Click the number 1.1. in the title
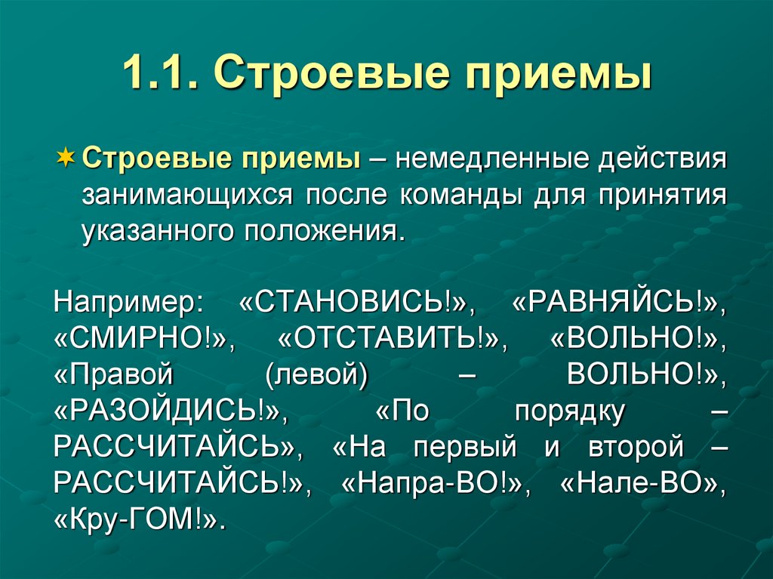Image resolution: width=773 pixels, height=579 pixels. [x=159, y=75]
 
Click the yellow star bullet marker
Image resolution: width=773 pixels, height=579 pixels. [x=66, y=159]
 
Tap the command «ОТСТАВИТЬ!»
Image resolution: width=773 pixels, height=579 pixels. [x=391, y=339]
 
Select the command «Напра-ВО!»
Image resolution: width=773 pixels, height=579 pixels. [x=430, y=484]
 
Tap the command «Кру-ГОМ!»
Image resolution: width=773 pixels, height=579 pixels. [x=140, y=519]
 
